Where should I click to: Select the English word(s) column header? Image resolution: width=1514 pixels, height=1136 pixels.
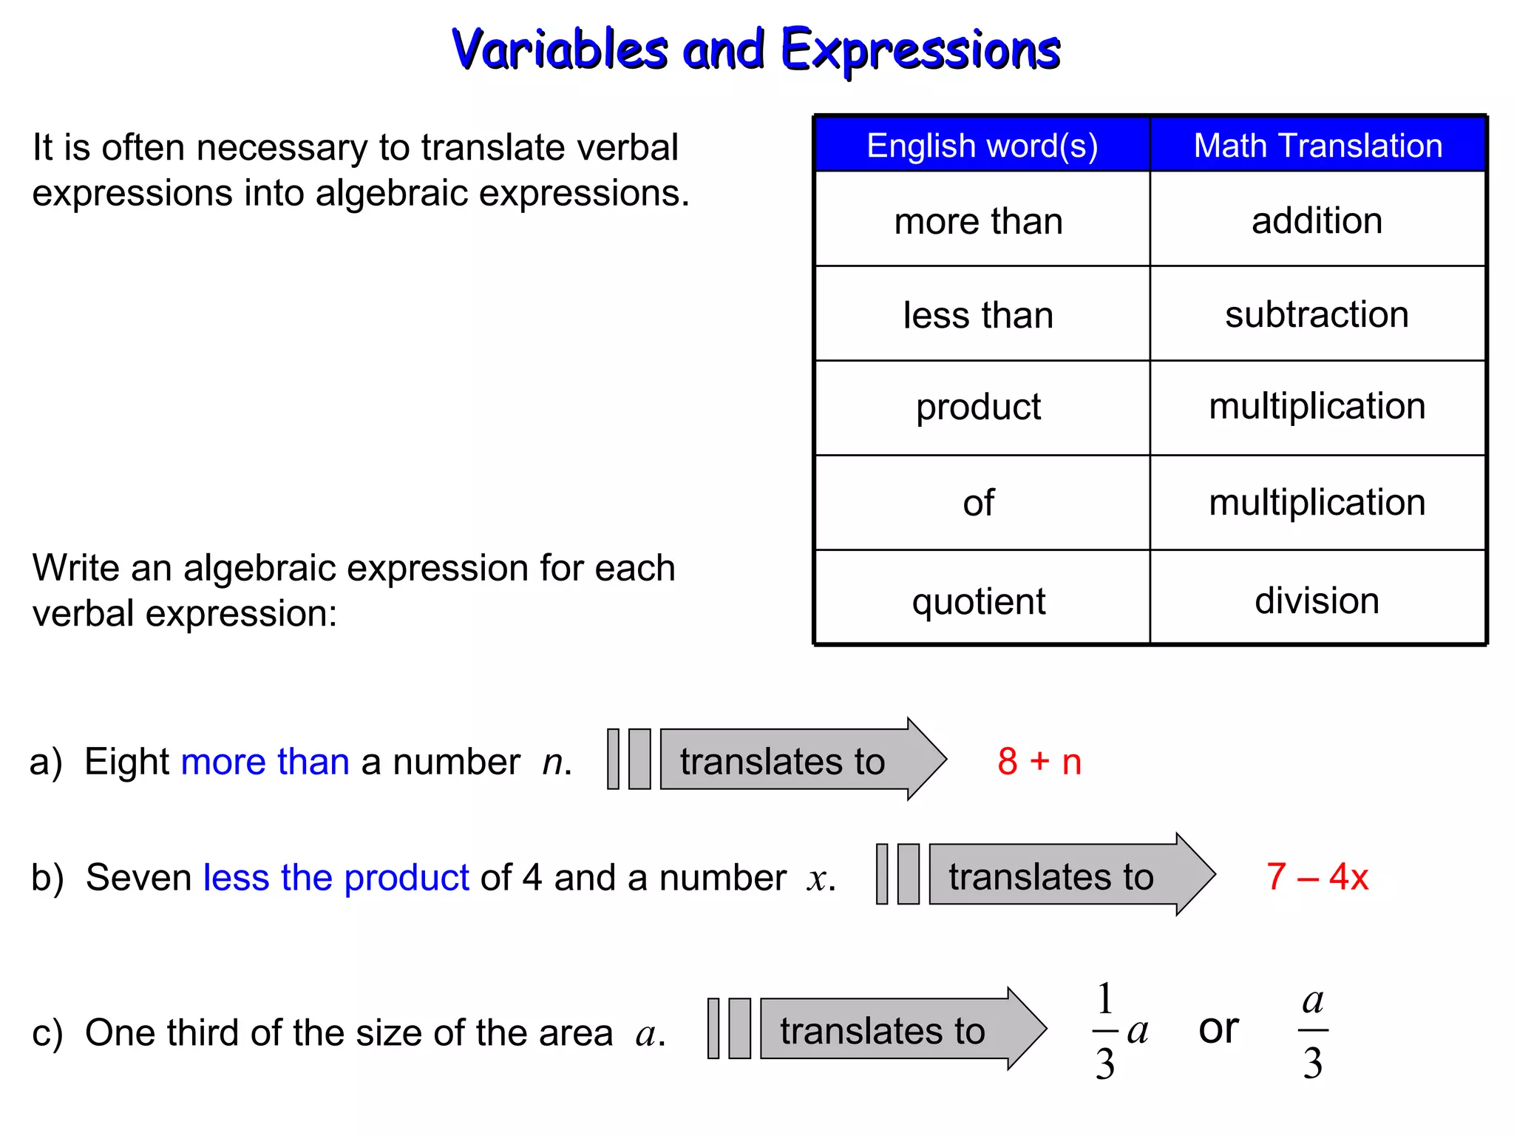pos(982,146)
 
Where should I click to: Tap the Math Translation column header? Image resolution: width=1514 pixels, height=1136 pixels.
pos(1318,146)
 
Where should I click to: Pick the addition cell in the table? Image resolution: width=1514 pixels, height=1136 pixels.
pos(1317,220)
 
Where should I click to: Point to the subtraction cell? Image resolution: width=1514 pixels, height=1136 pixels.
pos(1317,314)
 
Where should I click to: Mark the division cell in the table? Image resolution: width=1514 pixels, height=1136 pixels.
pos(1317,600)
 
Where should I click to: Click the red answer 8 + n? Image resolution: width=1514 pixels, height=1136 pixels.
pos(1039,761)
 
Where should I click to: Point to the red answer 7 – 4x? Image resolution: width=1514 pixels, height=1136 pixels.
pos(1317,876)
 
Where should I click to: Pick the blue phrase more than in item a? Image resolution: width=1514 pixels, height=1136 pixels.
pos(265,762)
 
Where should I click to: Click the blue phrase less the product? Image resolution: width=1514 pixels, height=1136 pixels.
pos(336,878)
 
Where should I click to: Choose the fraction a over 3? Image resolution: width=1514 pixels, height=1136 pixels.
pos(1313,1031)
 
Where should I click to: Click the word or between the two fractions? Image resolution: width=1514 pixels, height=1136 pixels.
pos(1218,1029)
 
